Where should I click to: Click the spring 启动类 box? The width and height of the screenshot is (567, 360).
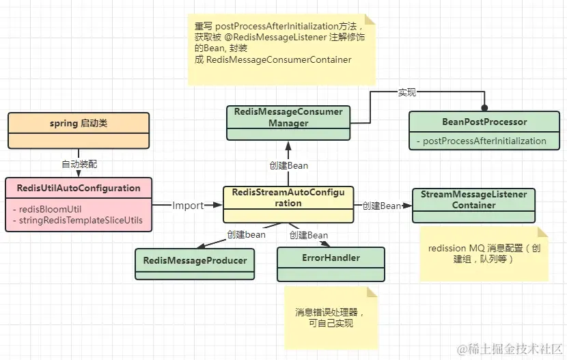pyautogui.click(x=79, y=124)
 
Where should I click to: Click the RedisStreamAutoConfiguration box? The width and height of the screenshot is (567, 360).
pyautogui.click(x=288, y=197)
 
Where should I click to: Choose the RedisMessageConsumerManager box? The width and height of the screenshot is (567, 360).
pyautogui.click(x=289, y=117)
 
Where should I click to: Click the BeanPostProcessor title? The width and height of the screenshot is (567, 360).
pyautogui.click(x=484, y=122)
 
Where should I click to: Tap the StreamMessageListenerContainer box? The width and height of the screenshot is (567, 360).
pyautogui.click(x=473, y=199)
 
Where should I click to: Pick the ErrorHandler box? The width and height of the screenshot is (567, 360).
pyautogui.click(x=331, y=258)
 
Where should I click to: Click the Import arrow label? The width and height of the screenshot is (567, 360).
pyautogui.click(x=188, y=206)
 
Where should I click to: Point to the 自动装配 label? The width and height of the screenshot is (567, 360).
pyautogui.click(x=79, y=164)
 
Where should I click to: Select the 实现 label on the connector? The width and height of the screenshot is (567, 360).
pyautogui.click(x=407, y=92)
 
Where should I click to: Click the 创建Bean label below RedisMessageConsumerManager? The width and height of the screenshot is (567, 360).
pyautogui.click(x=289, y=165)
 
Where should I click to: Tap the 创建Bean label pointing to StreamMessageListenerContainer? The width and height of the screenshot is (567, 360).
pyautogui.click(x=381, y=206)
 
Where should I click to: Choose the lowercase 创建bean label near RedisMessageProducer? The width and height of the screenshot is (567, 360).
pyautogui.click(x=246, y=234)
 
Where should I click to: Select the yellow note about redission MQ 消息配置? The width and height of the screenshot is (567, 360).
pyautogui.click(x=483, y=254)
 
